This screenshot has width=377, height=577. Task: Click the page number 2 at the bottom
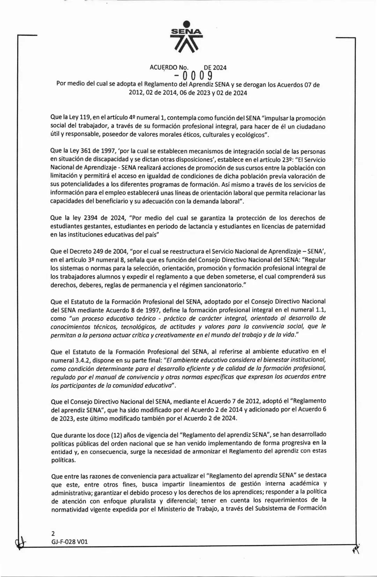point(53,533)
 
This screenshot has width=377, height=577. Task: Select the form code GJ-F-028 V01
point(69,542)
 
